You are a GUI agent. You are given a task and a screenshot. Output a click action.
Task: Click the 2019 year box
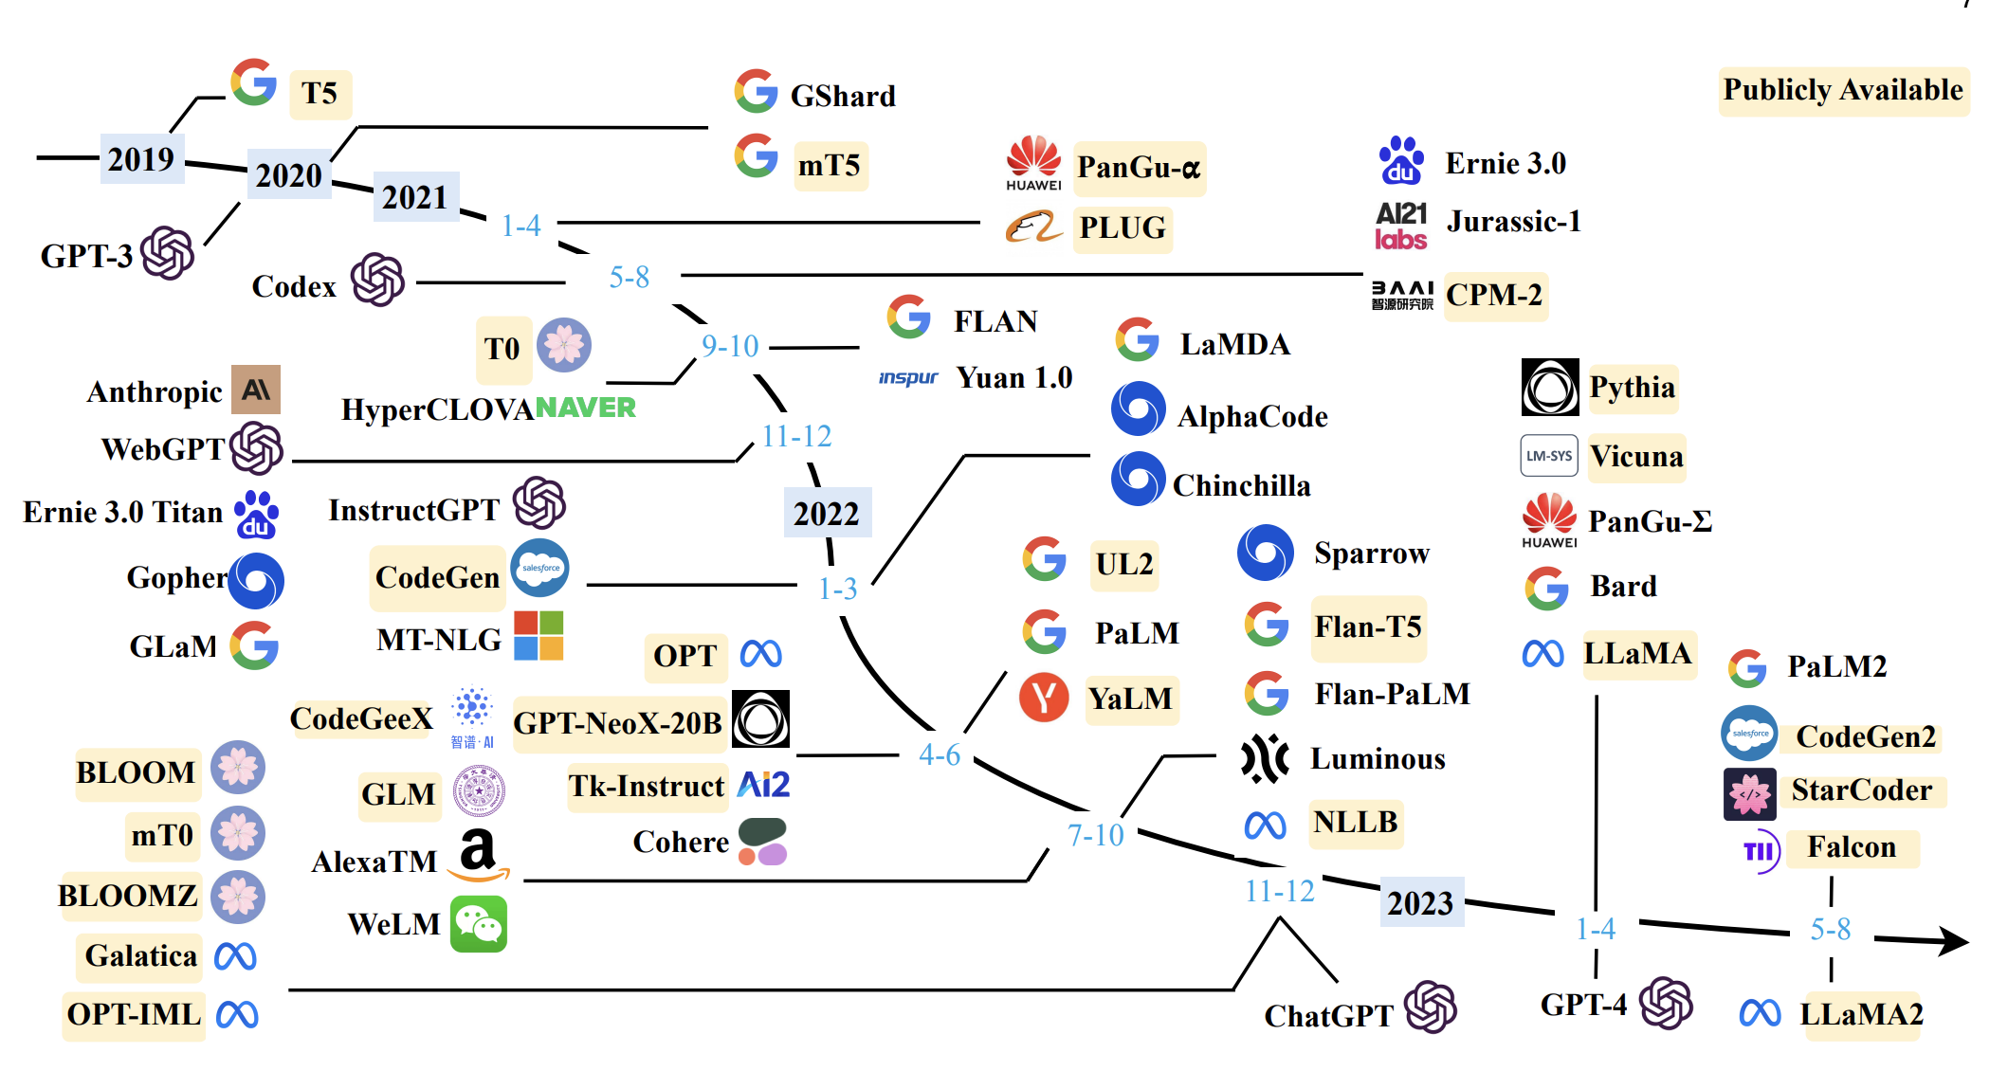141,158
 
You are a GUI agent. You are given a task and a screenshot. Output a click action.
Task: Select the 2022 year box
827,513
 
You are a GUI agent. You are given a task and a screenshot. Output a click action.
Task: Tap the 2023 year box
1420,902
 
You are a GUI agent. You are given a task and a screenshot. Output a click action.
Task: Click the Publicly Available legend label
1843,90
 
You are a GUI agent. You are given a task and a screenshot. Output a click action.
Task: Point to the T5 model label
319,93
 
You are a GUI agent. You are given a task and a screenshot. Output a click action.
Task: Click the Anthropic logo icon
256,390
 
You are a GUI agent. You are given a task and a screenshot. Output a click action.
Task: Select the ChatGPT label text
1328,1015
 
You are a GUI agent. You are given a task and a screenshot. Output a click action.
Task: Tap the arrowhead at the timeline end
1953,941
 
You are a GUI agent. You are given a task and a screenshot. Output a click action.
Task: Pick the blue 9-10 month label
730,346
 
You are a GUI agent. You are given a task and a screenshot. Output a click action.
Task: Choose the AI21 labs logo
1401,226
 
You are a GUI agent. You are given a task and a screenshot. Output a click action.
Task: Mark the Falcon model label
1851,846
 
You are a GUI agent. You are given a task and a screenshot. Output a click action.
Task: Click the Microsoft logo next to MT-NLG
539,635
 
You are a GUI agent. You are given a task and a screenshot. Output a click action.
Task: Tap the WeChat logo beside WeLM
479,924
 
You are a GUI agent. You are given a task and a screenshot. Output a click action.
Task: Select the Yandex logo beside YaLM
1044,698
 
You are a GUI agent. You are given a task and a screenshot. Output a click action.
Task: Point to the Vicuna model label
1636,456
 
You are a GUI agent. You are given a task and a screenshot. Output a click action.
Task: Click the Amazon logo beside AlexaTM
479,855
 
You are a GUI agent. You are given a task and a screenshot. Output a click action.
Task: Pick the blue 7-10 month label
1096,835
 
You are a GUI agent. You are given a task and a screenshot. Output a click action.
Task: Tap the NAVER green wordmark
586,408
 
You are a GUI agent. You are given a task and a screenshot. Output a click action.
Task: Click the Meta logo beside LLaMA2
1760,1013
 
